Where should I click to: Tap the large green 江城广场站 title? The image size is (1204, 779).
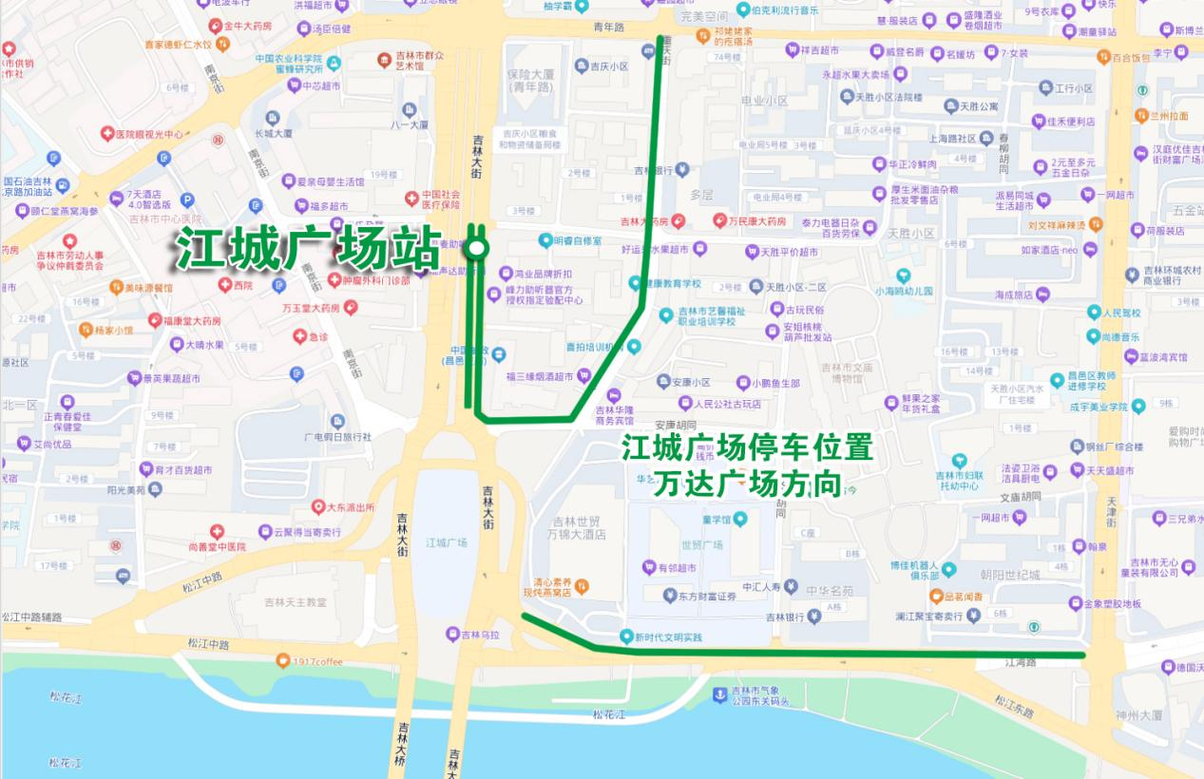307,249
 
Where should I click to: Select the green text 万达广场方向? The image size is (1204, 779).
747,485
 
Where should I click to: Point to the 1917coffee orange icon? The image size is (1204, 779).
282,660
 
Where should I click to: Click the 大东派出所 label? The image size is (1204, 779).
350,507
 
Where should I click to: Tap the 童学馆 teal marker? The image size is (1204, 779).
740,519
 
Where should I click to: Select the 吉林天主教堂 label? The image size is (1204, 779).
295,601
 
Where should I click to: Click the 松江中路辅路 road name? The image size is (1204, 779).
31,617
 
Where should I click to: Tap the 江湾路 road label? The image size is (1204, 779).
1020,662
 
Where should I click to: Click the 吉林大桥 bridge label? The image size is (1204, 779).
404,745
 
